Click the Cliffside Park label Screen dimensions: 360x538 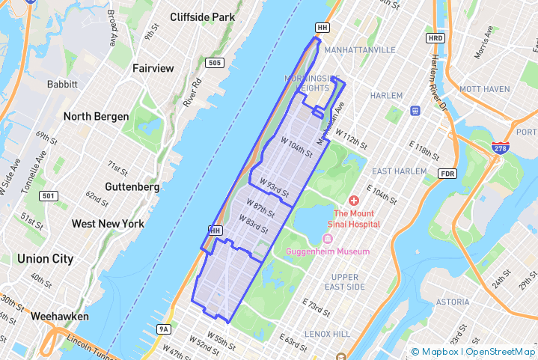(x=202, y=17)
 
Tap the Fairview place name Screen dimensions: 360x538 (x=153, y=68)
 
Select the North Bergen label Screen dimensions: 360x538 (x=96, y=116)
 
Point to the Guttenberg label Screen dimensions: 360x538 (x=132, y=186)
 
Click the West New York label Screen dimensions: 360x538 (x=108, y=224)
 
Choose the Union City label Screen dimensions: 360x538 (x=46, y=259)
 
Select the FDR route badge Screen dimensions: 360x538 (x=448, y=174)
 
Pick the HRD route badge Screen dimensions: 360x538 (x=435, y=37)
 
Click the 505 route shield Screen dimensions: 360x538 (x=215, y=63)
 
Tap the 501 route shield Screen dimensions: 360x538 (x=49, y=196)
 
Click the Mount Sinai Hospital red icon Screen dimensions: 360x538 (x=354, y=201)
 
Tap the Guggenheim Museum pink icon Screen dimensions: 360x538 (x=327, y=239)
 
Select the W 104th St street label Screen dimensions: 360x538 (x=296, y=145)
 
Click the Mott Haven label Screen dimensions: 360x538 (x=484, y=89)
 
